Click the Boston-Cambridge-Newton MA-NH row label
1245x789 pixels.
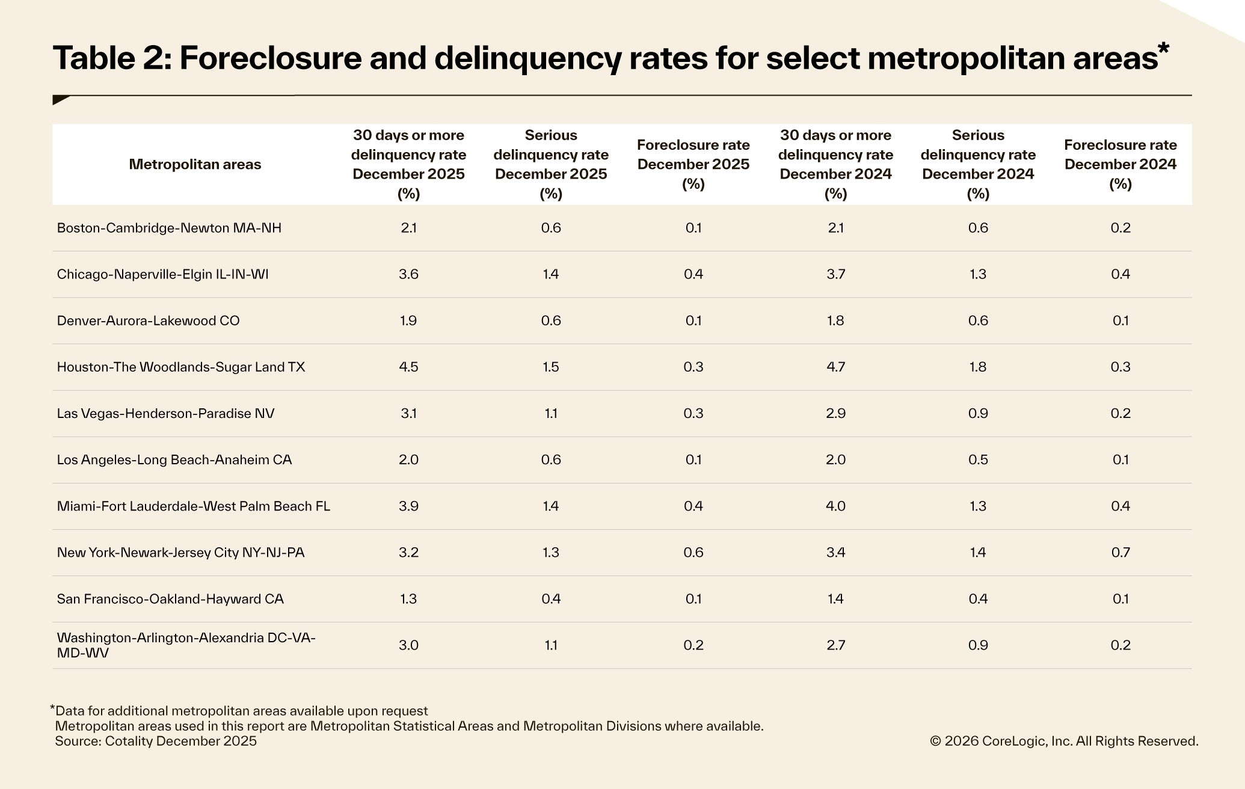tap(169, 228)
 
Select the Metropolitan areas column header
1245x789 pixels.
tap(195, 164)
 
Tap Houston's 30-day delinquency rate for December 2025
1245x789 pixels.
tap(408, 367)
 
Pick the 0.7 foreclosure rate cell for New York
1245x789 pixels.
tap(1120, 552)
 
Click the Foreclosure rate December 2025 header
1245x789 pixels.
tap(693, 164)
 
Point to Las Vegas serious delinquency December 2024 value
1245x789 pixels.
tap(977, 413)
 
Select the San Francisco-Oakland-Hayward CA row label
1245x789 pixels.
tap(170, 598)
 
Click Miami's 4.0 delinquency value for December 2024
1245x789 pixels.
tap(835, 506)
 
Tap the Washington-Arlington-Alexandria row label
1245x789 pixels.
tap(186, 645)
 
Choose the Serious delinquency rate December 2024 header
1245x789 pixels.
tap(977, 164)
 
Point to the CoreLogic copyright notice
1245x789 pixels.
tap(1063, 741)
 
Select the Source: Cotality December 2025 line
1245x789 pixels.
tap(156, 741)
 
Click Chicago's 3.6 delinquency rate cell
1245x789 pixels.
tap(408, 274)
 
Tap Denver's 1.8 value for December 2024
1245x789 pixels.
tap(835, 321)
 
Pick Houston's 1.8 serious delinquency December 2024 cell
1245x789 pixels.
tap(977, 367)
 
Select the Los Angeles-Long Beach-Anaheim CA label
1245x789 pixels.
tap(174, 459)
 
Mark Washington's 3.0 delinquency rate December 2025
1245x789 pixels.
tap(408, 645)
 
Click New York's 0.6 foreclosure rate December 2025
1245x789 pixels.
tap(693, 552)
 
